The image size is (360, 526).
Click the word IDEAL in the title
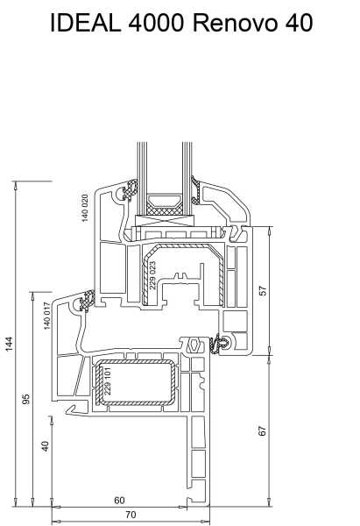(x=86, y=23)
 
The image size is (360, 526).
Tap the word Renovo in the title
(x=236, y=23)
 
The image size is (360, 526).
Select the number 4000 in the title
(x=157, y=23)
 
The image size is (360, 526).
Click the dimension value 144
(x=9, y=344)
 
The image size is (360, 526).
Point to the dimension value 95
(x=25, y=399)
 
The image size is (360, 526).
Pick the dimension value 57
(x=264, y=290)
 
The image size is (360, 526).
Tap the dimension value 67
(x=263, y=430)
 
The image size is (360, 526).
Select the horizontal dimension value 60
(x=119, y=501)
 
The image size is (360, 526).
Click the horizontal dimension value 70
(x=131, y=515)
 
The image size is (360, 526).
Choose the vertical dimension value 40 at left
(x=45, y=446)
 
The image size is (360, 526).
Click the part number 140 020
(x=85, y=208)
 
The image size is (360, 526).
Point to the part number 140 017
(x=47, y=316)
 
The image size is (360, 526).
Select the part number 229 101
(x=108, y=380)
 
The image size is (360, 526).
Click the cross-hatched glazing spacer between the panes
(x=165, y=210)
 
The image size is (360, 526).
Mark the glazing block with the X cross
(x=165, y=220)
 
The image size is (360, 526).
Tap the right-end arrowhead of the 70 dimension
(x=207, y=522)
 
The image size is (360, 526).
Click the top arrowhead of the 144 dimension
(x=15, y=185)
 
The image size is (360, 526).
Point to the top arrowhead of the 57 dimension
(x=270, y=231)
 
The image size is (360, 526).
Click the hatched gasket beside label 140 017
(x=87, y=300)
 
